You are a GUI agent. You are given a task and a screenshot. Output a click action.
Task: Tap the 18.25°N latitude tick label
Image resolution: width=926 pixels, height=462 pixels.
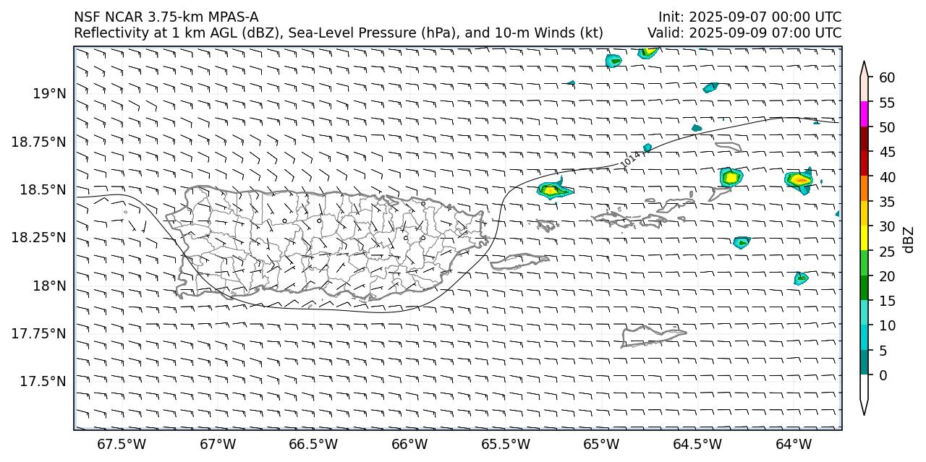tap(41, 237)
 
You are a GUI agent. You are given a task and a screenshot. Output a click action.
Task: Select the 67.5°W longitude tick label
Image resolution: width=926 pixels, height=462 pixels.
tap(122, 442)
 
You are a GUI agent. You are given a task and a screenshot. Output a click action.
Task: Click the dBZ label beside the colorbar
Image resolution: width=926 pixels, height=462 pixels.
tap(909, 239)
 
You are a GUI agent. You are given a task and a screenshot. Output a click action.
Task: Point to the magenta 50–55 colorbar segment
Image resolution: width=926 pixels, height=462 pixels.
tap(865, 114)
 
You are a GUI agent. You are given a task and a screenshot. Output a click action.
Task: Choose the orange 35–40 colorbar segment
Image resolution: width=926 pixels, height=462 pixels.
tap(865, 189)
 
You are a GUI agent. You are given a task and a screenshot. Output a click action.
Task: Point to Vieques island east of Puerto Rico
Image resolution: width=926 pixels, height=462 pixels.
tap(519, 260)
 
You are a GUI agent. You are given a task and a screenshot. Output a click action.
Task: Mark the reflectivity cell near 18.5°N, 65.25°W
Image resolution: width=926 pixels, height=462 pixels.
tap(553, 190)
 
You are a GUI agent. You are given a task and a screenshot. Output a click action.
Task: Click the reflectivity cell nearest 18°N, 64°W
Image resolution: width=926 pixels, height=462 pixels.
tap(800, 278)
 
